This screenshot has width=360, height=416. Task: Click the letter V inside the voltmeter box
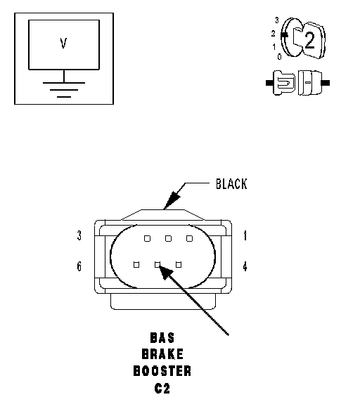coord(63,44)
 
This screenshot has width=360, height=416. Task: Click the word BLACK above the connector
coord(231,184)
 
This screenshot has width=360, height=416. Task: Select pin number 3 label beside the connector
coord(79,235)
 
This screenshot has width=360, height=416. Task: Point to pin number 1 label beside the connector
coord(245,235)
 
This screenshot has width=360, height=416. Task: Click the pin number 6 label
coord(79,266)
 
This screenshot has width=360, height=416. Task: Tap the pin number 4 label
coord(245,266)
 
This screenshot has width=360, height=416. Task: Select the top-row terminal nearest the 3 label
coord(147,238)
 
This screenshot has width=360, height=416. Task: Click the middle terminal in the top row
coord(168,238)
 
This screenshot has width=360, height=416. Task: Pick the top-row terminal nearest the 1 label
coord(189,238)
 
